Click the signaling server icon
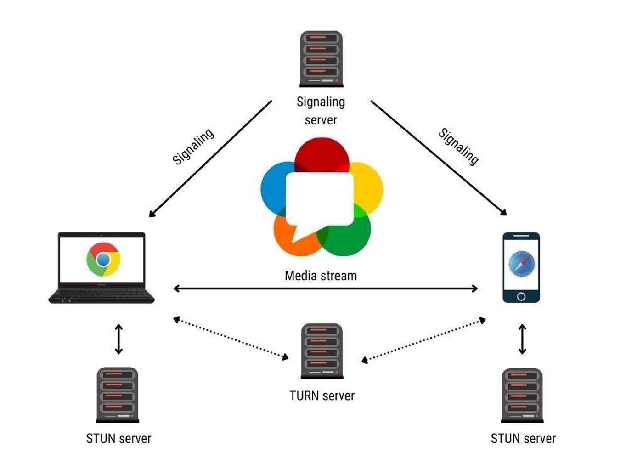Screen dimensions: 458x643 [x=321, y=59]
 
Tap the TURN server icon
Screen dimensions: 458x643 [x=321, y=351]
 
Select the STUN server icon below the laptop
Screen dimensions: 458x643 [x=118, y=395]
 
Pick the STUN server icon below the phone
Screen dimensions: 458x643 [x=522, y=396]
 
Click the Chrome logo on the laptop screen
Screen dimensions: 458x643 [x=103, y=260]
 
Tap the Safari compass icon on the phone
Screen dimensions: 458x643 [x=521, y=264]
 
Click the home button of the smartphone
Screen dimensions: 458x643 [x=521, y=297]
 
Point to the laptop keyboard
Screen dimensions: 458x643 [x=102, y=295]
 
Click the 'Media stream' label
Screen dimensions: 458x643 [x=321, y=276]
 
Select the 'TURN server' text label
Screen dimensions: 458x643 [x=321, y=396]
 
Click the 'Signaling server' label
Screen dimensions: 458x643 [x=321, y=111]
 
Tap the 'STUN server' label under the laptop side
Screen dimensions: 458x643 [x=118, y=439]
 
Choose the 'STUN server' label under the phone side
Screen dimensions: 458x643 [x=523, y=439]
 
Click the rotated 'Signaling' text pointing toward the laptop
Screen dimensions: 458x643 [x=193, y=146]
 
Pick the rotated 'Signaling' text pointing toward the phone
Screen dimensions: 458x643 [x=458, y=146]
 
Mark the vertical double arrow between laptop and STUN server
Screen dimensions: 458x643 [x=118, y=339]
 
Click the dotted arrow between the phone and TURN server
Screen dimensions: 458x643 [x=423, y=340]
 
